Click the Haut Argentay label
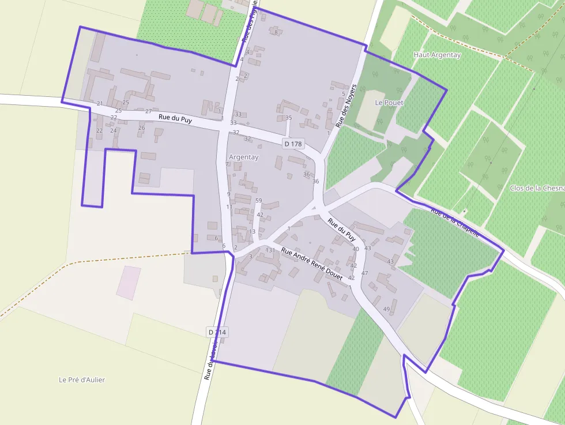click(437, 55)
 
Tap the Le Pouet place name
click(389, 103)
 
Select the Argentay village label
click(244, 157)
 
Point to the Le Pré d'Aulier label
click(82, 379)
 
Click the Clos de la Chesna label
click(537, 188)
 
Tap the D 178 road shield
click(293, 144)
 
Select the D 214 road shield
click(217, 332)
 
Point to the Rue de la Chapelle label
click(455, 222)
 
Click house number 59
click(259, 201)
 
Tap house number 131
click(270, 250)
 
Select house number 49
click(386, 309)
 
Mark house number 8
click(276, 32)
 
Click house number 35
click(289, 118)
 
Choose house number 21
click(100, 104)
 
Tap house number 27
click(148, 111)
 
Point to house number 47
click(364, 273)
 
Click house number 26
click(142, 127)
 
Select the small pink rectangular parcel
click(129, 283)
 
